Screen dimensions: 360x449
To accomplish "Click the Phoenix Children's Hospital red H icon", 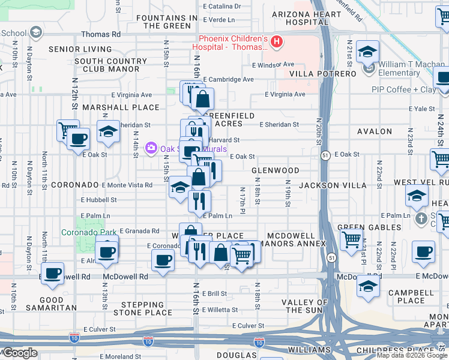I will tap(277, 41).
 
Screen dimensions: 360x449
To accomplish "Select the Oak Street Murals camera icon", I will tap(151, 148).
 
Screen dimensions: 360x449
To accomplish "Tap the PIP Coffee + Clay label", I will tap(404, 89).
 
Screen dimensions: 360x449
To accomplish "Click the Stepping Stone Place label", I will tap(143, 308).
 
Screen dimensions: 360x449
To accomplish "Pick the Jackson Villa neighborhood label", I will tap(333, 185).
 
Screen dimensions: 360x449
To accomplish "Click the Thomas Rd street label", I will tap(101, 35).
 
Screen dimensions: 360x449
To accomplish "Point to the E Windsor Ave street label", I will tap(273, 64).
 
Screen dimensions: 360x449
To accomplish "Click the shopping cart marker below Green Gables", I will tap(351, 239).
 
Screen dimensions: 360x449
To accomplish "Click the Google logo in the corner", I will tap(19, 353).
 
